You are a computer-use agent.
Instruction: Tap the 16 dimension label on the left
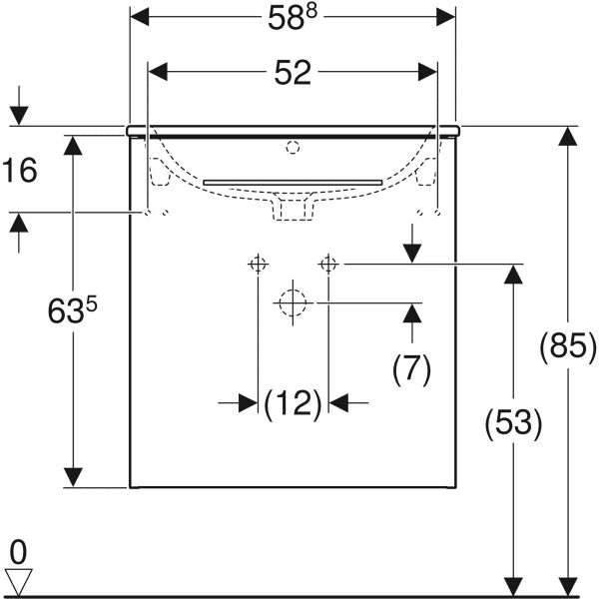pyautogui.click(x=20, y=171)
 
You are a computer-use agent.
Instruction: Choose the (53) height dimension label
pyautogui.click(x=513, y=425)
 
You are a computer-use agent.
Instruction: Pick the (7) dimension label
pyautogui.click(x=410, y=369)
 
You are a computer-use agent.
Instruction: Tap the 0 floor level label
pyautogui.click(x=18, y=550)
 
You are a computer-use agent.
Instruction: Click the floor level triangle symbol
pyautogui.click(x=19, y=580)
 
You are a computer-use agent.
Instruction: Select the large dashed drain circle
pyautogui.click(x=293, y=301)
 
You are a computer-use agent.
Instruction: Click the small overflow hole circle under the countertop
pyautogui.click(x=293, y=149)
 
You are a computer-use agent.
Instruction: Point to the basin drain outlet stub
pyautogui.click(x=293, y=208)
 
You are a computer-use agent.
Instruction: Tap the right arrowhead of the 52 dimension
pyautogui.click(x=428, y=72)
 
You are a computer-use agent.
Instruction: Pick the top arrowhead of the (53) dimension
pyautogui.click(x=513, y=273)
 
